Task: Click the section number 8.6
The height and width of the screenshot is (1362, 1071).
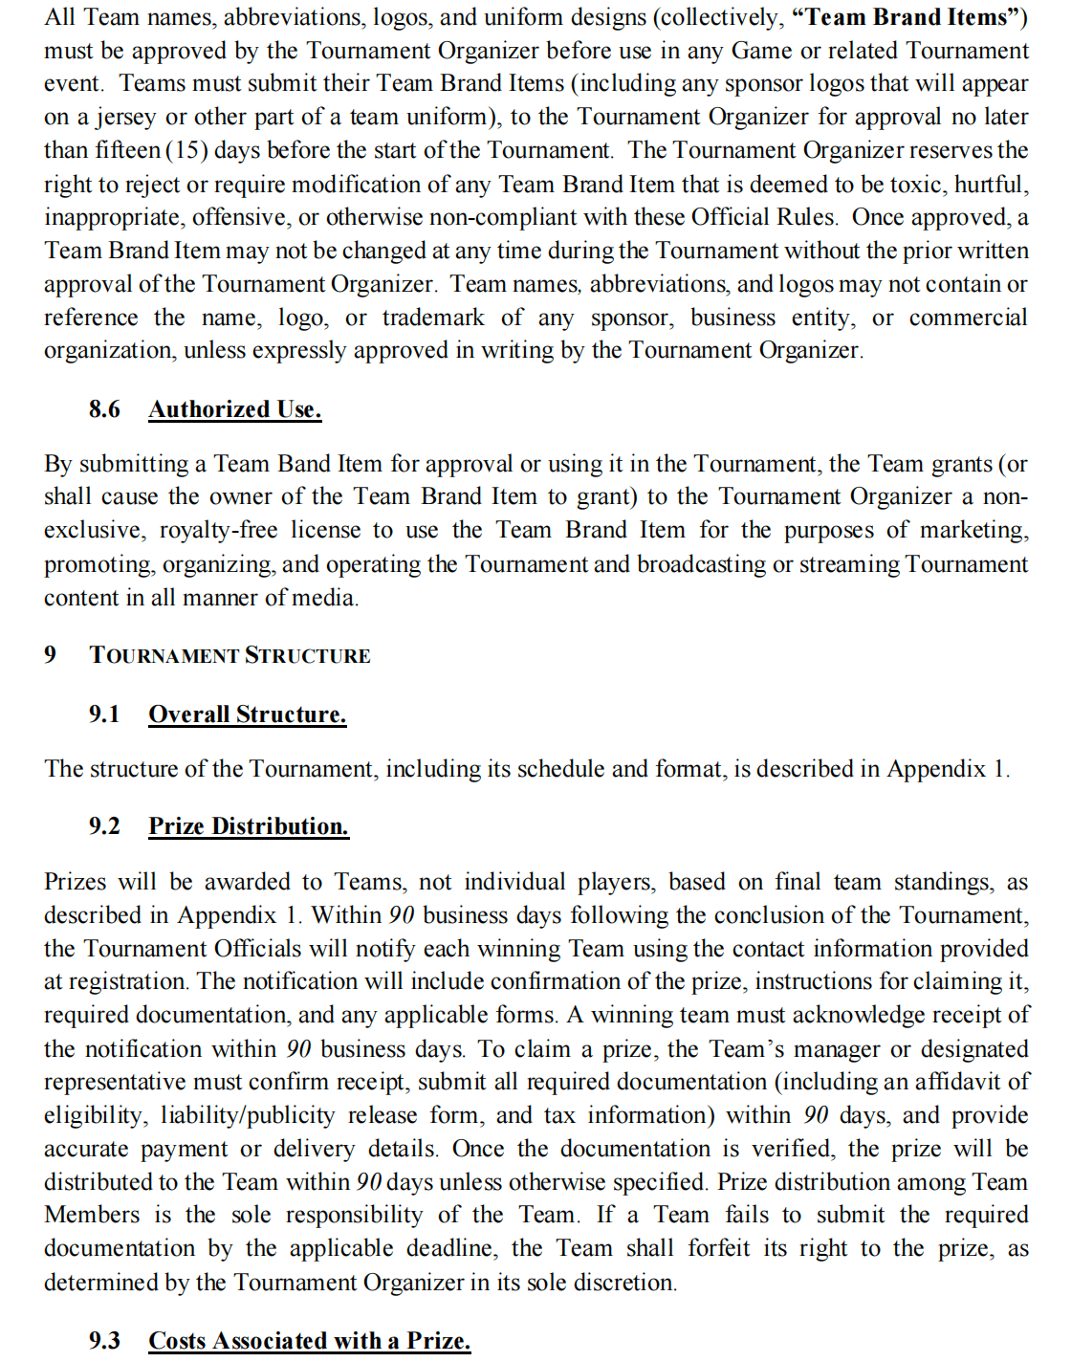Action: pyautogui.click(x=104, y=409)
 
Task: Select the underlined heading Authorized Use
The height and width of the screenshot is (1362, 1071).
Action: pyautogui.click(x=234, y=409)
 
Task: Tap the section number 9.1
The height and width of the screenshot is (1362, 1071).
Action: pyautogui.click(x=104, y=714)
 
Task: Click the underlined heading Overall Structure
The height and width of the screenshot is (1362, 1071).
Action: pyautogui.click(x=247, y=714)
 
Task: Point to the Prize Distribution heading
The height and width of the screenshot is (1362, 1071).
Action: pyautogui.click(x=249, y=826)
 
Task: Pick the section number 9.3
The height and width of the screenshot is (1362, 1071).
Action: pyautogui.click(x=104, y=1341)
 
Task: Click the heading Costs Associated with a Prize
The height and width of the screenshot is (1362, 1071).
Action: pyautogui.click(x=309, y=1341)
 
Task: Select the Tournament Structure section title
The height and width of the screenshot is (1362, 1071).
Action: pyautogui.click(x=229, y=655)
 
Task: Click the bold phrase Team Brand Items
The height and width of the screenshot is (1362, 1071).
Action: pyautogui.click(x=907, y=17)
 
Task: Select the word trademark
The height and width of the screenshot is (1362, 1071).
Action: pyautogui.click(x=433, y=318)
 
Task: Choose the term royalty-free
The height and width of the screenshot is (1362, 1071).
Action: pyautogui.click(x=218, y=530)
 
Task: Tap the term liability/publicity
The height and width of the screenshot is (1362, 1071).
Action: pyautogui.click(x=248, y=1115)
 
